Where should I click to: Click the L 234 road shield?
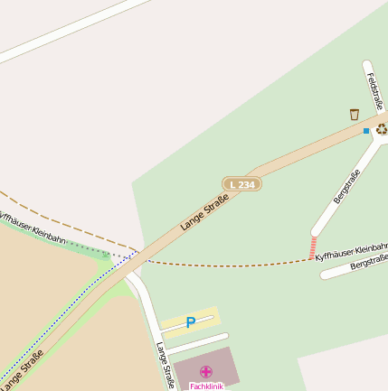241,184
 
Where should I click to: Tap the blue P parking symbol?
190,322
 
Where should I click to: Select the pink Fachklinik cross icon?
206,371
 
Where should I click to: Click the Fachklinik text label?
206,386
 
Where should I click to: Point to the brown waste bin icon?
354,115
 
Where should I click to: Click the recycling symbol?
382,129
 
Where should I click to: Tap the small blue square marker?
366,131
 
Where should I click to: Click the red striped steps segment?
313,247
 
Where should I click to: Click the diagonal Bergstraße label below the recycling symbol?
346,184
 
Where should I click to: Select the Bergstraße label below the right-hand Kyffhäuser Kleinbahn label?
368,263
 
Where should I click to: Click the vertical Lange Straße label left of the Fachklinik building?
164,364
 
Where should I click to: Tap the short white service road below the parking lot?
197,343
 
